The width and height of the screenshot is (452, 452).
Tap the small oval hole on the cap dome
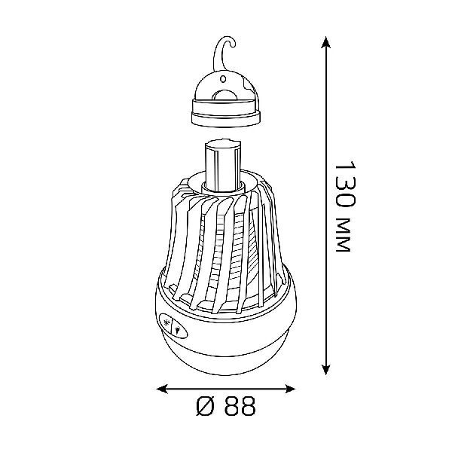[x=223, y=78]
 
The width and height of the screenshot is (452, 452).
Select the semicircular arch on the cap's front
[x=225, y=96]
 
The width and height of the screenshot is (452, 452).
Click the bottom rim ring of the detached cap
[x=226, y=119]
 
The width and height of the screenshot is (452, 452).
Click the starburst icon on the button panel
[x=166, y=322]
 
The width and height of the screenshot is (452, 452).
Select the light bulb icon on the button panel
[x=179, y=329]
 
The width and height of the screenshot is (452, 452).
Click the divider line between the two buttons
[x=172, y=325]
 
